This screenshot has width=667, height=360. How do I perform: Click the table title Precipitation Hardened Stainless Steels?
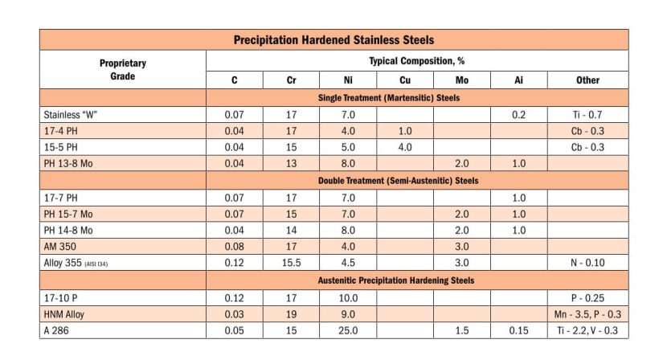[334, 40]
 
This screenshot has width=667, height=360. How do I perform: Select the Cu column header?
[405, 80]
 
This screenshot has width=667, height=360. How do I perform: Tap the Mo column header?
[462, 80]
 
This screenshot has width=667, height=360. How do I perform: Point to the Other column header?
[587, 80]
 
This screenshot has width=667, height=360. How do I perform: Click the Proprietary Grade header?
[122, 69]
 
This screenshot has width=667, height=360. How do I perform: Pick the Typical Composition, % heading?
[417, 61]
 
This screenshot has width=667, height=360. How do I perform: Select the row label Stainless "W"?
[71, 115]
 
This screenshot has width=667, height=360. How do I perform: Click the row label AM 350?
[60, 247]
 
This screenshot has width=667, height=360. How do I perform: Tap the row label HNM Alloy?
[64, 314]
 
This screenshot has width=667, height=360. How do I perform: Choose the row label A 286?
[56, 330]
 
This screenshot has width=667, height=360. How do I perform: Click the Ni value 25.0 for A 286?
[348, 330]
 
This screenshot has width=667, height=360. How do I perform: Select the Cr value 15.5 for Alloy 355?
[292, 263]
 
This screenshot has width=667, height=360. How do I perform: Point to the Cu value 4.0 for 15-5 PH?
[405, 147]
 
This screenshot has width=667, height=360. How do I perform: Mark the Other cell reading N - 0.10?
[587, 263]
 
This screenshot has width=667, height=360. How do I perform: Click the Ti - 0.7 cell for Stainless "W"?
[587, 115]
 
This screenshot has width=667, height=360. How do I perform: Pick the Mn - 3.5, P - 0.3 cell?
[587, 314]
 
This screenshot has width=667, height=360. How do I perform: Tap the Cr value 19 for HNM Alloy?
[292, 314]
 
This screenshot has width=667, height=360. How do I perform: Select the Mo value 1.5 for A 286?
[462, 330]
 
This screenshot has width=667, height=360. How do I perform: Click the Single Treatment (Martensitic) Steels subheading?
[389, 98]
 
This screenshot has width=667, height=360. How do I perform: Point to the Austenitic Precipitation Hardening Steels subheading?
[396, 280]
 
